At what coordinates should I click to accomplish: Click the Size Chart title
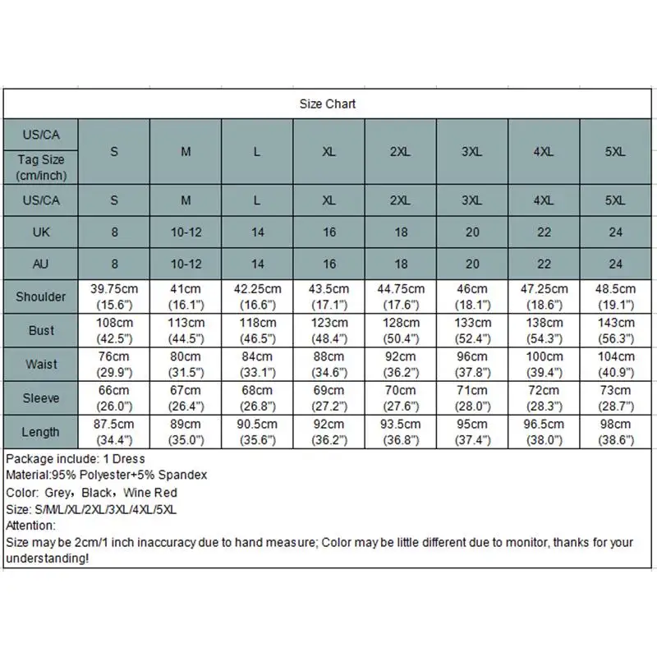click(328, 104)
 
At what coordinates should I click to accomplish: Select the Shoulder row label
click(41, 296)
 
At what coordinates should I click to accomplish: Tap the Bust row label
click(41, 330)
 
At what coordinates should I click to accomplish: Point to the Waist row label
click(41, 365)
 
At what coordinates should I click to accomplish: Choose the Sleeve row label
click(41, 398)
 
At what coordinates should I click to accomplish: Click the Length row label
click(41, 432)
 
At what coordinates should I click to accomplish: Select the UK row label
click(41, 232)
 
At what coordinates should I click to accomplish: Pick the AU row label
click(41, 264)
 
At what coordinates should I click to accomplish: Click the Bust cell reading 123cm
click(329, 330)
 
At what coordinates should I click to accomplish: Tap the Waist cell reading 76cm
click(115, 365)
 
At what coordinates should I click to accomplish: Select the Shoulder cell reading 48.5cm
click(615, 296)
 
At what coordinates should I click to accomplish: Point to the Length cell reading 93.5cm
click(401, 432)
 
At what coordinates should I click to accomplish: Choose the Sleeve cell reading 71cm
click(472, 398)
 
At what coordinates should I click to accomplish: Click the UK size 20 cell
click(472, 232)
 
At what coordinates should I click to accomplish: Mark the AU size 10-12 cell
click(186, 264)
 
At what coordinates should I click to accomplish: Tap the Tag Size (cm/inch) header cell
click(41, 168)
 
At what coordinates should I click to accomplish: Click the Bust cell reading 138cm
click(544, 330)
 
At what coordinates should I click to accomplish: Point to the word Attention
click(30, 526)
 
